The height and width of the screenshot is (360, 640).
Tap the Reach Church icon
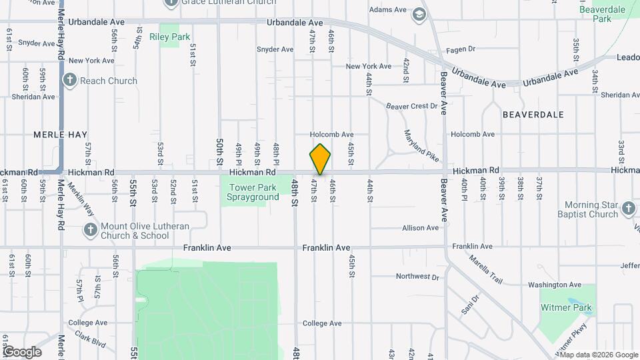click(70, 81)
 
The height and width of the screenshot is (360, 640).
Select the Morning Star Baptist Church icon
click(628, 209)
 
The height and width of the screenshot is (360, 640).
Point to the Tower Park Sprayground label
click(253, 193)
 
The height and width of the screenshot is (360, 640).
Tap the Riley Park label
click(170, 37)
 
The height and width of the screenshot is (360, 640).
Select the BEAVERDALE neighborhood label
click(533, 115)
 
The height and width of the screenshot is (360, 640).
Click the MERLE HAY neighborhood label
click(61, 135)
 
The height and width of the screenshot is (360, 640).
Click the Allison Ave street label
click(420, 228)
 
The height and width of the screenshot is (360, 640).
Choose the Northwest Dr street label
click(417, 276)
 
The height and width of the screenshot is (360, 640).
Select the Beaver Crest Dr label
click(412, 105)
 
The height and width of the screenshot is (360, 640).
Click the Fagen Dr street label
click(461, 49)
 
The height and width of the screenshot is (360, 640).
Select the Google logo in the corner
click(21, 351)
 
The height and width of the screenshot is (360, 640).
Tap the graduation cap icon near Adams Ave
click(419, 15)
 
